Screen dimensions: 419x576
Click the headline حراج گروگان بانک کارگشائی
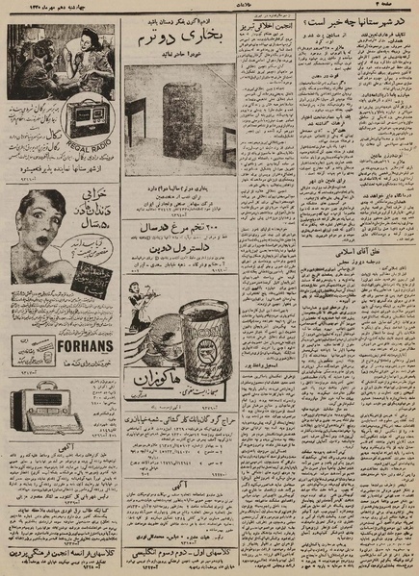(x=180, y=421)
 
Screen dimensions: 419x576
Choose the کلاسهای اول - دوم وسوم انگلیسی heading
(x=180, y=557)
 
